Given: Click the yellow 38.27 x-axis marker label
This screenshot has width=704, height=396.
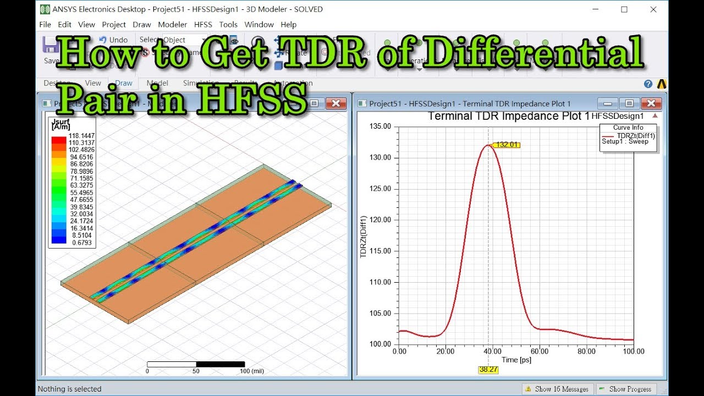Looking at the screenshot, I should [x=488, y=370].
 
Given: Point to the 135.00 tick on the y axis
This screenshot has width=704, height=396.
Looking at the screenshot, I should [x=381, y=127].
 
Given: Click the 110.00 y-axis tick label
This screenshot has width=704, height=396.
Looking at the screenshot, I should [x=381, y=282].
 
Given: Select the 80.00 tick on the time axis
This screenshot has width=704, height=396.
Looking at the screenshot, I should [x=587, y=351].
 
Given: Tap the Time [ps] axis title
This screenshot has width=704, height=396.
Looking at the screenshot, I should [x=516, y=360].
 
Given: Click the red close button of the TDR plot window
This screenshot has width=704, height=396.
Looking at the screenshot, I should [x=651, y=103].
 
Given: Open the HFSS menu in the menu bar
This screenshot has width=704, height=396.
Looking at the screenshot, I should [x=202, y=24].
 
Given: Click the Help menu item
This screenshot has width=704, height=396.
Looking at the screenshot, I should [x=289, y=24].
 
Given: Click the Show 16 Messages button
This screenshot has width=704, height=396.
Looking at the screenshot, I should [x=558, y=389].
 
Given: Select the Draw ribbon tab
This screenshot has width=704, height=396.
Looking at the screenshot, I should [x=124, y=83].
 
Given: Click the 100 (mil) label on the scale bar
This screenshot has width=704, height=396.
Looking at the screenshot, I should [x=252, y=371].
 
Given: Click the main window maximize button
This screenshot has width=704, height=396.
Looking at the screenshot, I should [x=624, y=9].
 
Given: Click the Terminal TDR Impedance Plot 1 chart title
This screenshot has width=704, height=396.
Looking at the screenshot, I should [x=508, y=116].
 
